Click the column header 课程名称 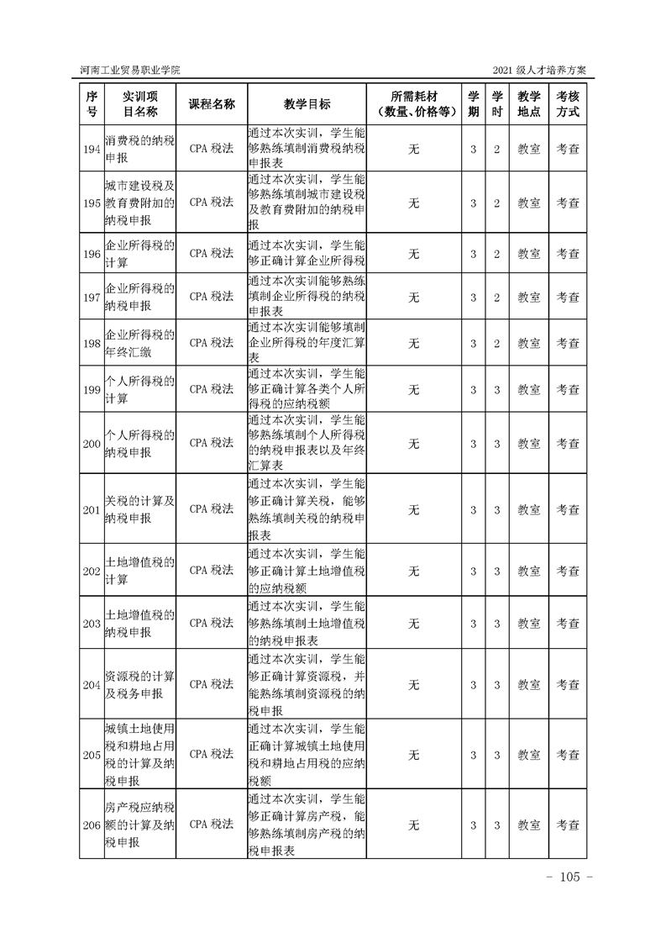point(211,103)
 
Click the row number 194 point(92,149)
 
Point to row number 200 point(92,443)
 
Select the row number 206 point(92,825)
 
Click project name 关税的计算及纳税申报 point(139,509)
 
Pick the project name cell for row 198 point(139,343)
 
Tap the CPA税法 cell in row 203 point(211,624)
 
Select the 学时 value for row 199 point(497,389)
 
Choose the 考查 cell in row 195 point(569,203)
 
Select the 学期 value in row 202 point(474,571)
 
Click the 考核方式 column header point(569,103)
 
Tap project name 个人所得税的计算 point(139,389)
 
